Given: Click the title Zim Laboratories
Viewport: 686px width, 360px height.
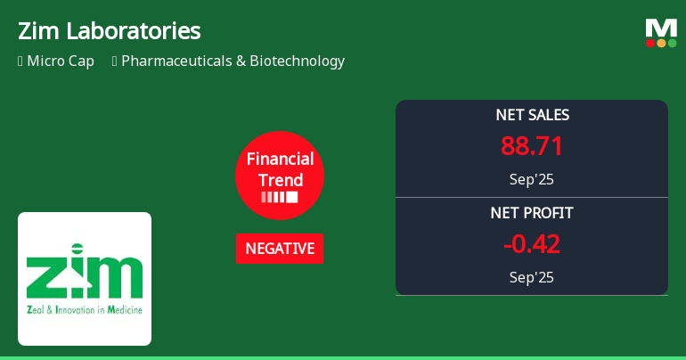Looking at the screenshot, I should (109, 31).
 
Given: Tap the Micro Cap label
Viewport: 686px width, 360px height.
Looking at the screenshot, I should (59, 61).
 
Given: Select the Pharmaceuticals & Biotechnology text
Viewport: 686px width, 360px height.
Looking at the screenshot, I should (233, 61).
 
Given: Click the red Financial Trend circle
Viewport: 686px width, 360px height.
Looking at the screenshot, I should (280, 175).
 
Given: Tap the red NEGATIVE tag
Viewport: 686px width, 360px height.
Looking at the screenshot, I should (280, 249).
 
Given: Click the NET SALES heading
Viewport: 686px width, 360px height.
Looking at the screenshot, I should (532, 115).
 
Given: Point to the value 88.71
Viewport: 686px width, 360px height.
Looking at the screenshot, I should (532, 146).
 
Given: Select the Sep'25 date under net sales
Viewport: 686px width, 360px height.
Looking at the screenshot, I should (532, 179).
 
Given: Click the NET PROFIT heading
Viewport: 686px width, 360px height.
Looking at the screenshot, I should (532, 213).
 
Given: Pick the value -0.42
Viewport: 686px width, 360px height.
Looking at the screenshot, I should (532, 244).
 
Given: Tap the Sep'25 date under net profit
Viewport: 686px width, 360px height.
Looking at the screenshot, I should (532, 277).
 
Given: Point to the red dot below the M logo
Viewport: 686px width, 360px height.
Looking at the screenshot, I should (650, 43).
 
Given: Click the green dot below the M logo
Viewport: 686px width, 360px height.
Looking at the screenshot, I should (672, 43).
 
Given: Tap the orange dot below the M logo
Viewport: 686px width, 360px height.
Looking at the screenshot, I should (661, 43).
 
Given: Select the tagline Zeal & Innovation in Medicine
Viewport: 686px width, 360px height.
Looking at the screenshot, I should (85, 310).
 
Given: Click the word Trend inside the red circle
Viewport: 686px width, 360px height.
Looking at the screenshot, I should (280, 180).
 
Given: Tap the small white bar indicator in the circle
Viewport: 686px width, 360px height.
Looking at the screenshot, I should (280, 197).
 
